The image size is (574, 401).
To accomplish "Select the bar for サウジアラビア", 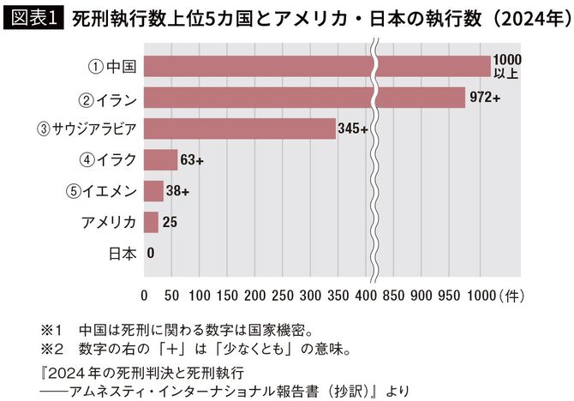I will click(x=240, y=129).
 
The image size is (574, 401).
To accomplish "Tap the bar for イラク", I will click(x=160, y=159).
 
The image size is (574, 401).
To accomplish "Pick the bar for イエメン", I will click(x=153, y=191).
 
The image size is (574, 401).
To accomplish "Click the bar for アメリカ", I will click(x=151, y=223).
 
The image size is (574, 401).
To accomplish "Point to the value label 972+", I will click(x=485, y=97).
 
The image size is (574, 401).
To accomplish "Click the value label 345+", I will click(x=353, y=129).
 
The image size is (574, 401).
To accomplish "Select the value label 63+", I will click(x=192, y=159).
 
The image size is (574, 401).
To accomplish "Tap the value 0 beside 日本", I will click(x=151, y=254).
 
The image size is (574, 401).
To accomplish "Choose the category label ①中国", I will click(x=114, y=66).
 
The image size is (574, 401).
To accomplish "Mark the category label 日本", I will click(x=123, y=254).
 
